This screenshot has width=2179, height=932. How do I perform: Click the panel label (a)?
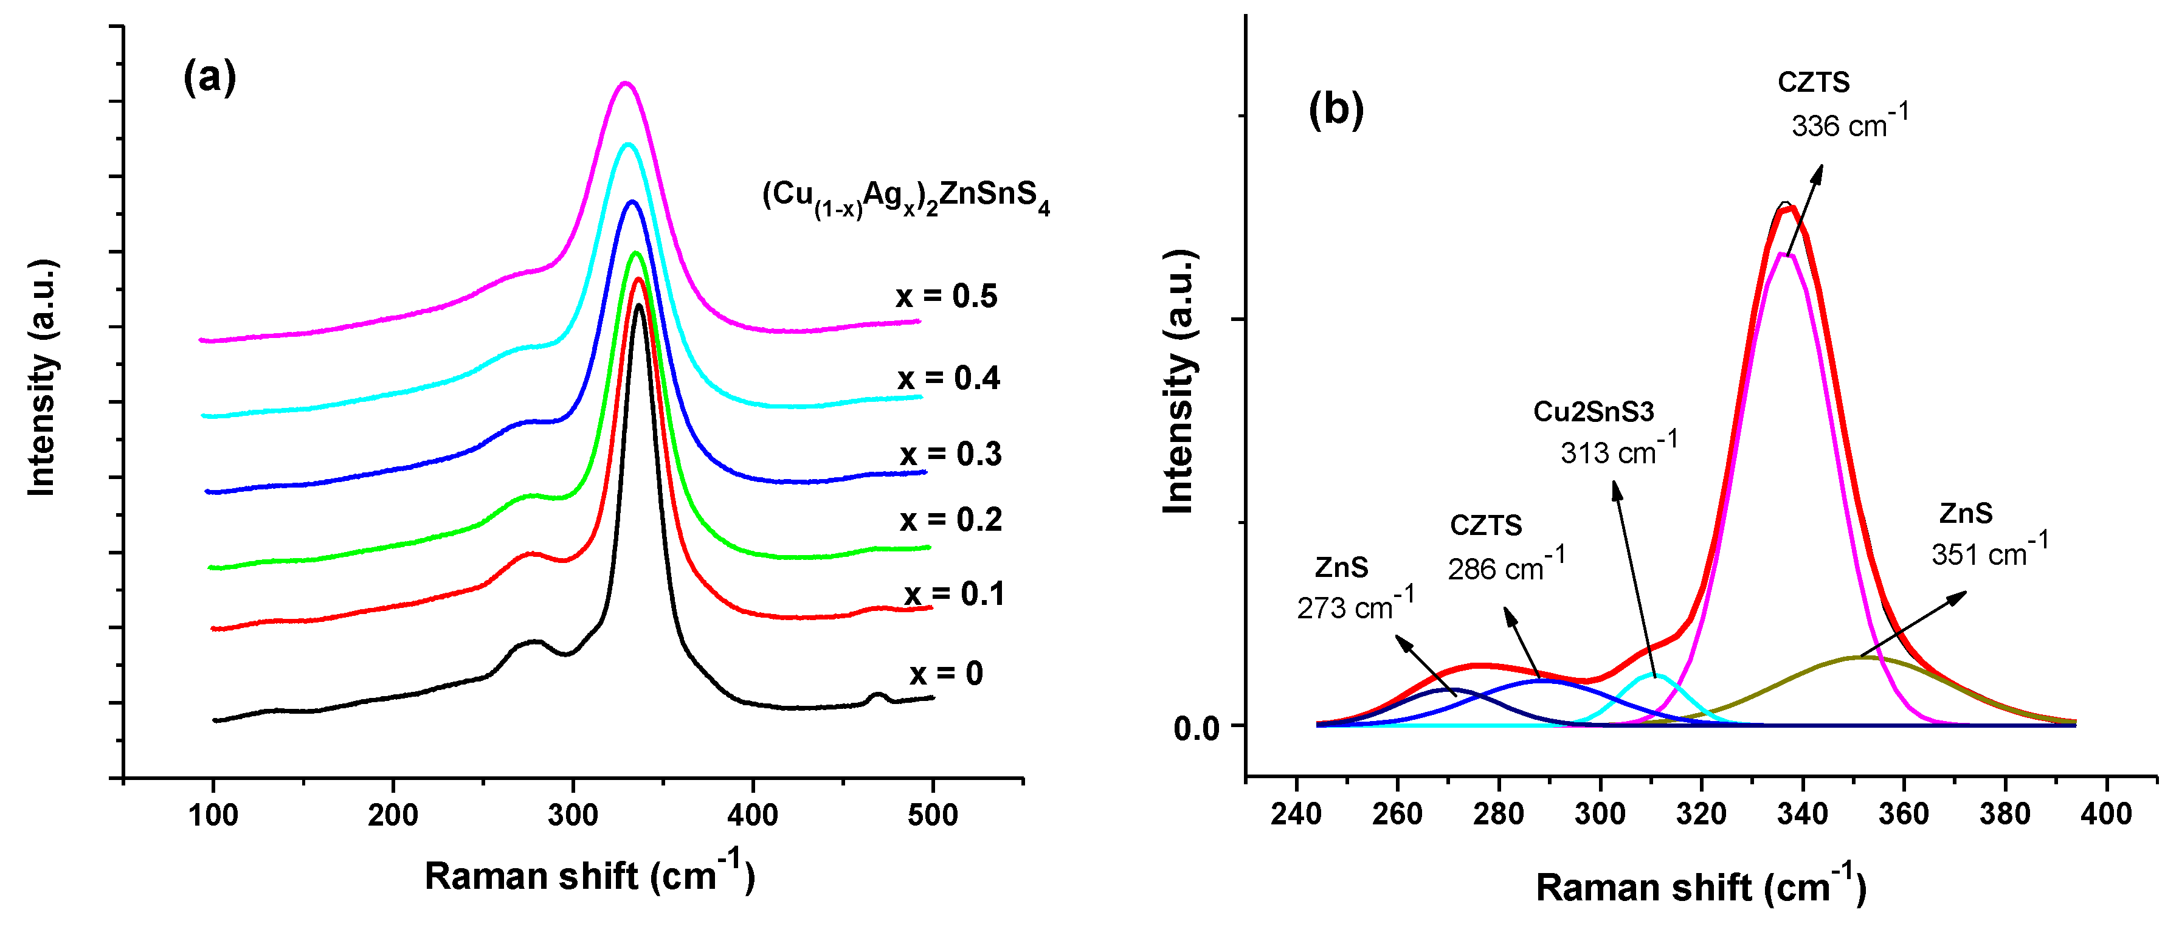click(x=210, y=78)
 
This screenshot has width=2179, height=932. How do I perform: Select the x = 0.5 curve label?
click(x=947, y=296)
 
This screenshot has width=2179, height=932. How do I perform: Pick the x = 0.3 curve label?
click(x=951, y=454)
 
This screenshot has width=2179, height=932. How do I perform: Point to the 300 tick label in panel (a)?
click(x=573, y=815)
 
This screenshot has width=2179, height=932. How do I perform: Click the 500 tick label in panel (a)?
click(x=932, y=815)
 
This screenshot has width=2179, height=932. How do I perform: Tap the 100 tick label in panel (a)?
click(x=213, y=815)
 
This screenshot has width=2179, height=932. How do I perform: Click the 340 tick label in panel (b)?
click(x=1803, y=813)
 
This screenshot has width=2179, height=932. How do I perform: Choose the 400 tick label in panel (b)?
click(x=2105, y=813)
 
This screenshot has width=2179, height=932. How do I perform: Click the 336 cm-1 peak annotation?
click(x=1849, y=123)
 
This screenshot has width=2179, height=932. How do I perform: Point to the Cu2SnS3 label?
click(x=1594, y=412)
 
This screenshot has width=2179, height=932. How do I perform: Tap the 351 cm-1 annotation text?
click(x=1989, y=551)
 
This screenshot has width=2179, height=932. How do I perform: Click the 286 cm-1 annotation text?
click(x=1507, y=567)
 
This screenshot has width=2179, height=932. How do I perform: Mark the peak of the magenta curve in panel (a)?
click(x=624, y=83)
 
